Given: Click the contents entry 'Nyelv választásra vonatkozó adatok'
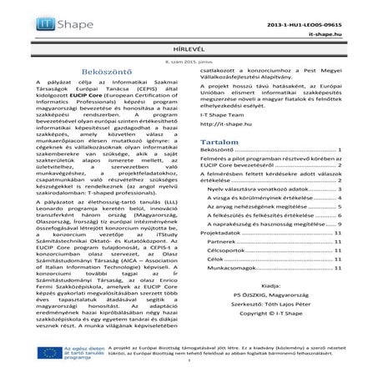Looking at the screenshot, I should pyautogui.click(x=265, y=190).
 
